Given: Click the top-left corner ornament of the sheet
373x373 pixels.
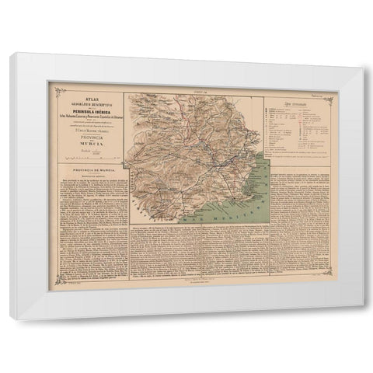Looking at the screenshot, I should point(51,92).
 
